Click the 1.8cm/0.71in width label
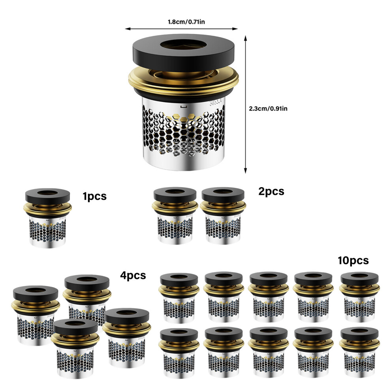click(x=186, y=22)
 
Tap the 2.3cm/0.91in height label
click(x=268, y=109)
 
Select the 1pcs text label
click(x=94, y=197)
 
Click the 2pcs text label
click(x=271, y=192)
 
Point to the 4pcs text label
click(x=133, y=276)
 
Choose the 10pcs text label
click(x=353, y=260)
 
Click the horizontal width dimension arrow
click(x=181, y=29)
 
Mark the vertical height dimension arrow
click(x=245, y=104)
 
